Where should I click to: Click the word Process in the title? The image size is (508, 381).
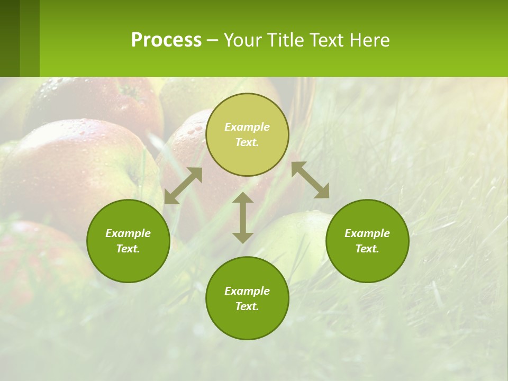pos(166,40)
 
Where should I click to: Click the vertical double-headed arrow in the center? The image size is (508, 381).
pos(243,218)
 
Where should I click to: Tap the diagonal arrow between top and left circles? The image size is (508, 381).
pos(183,186)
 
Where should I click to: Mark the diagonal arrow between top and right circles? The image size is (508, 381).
pos(310,180)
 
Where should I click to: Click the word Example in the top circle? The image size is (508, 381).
pos(247,127)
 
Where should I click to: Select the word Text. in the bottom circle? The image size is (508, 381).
pos(247,306)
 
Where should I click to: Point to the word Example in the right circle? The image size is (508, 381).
pos(367,233)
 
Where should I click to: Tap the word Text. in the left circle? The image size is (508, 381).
pos(128,249)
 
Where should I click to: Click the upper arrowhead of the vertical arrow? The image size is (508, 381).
pos(243,199)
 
